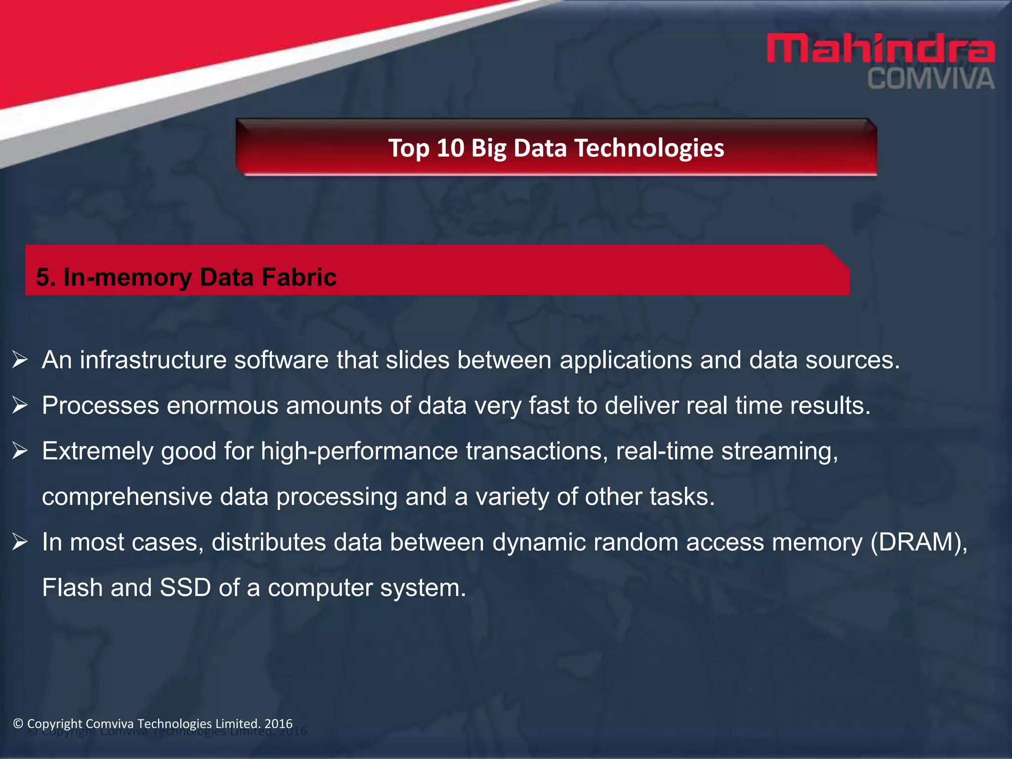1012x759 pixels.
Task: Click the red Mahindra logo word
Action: point(880,48)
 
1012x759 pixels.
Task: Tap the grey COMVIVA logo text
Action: point(931,80)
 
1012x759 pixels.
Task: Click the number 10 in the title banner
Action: point(450,148)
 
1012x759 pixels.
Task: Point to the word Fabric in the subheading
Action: point(299,277)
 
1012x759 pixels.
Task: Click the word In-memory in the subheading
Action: point(127,277)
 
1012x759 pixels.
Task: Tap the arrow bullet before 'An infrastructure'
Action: point(20,360)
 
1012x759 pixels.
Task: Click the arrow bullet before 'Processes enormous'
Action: point(20,405)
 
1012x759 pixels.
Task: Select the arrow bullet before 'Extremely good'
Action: point(20,451)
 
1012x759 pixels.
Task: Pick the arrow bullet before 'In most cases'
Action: point(20,542)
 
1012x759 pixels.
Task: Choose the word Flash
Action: point(72,588)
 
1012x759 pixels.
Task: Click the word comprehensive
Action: point(127,497)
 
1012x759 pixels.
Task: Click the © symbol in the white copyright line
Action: point(18,724)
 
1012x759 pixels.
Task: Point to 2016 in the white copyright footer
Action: point(279,724)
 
